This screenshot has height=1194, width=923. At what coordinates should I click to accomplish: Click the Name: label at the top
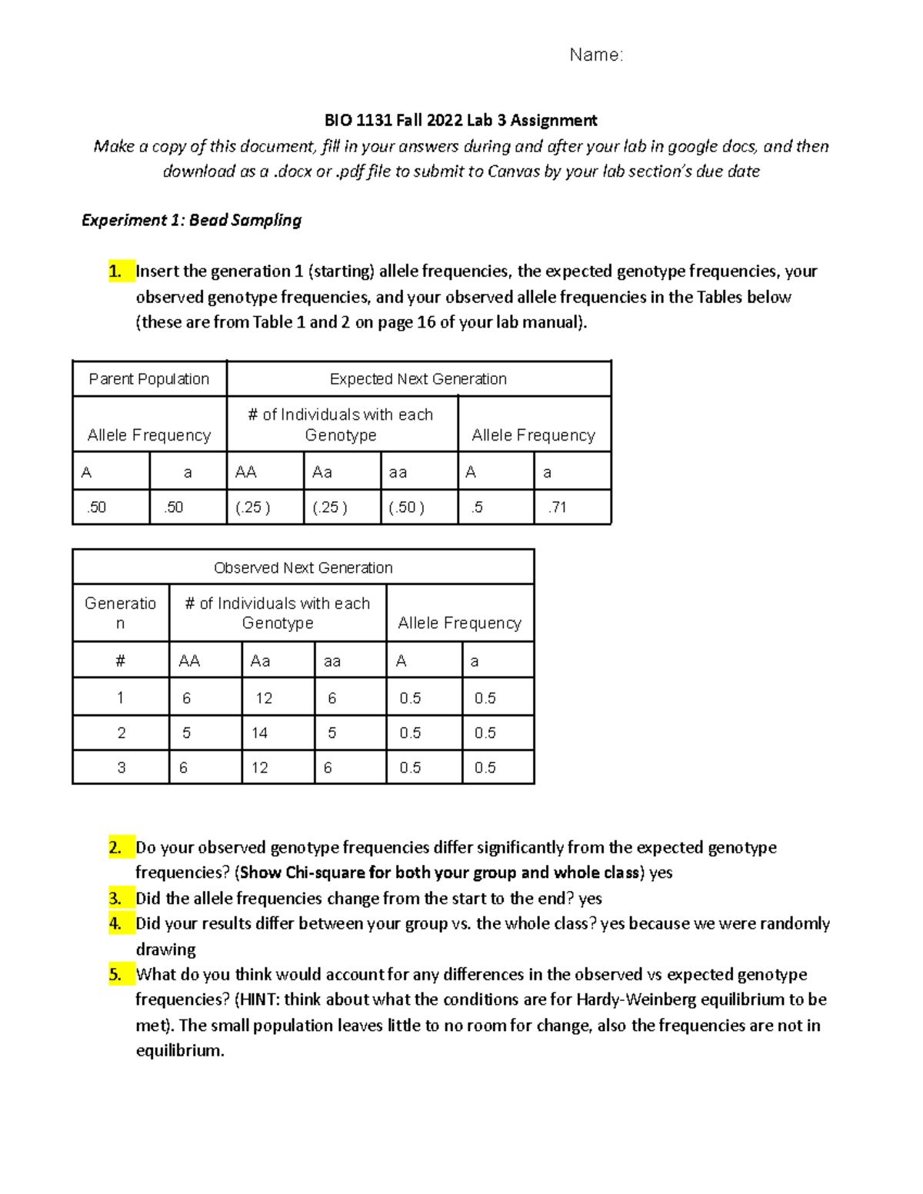pos(595,55)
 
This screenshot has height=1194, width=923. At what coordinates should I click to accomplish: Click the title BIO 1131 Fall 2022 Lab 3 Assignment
pos(461,120)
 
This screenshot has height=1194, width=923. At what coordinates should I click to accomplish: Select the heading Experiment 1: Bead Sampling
pos(192,220)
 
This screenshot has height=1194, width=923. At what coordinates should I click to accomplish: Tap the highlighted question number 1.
pos(115,271)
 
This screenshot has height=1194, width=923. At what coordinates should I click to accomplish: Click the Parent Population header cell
pos(149,379)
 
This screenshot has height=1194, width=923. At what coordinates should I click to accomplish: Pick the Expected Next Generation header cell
pos(418,379)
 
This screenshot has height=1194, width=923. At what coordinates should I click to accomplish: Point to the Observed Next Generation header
pos(303,568)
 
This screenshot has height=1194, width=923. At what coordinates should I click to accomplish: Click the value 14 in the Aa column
pos(260,733)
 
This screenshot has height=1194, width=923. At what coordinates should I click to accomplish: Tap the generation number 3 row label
pos(121,767)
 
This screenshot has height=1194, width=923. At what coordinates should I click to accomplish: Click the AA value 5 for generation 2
pos(186,733)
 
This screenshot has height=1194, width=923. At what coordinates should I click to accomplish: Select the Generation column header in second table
pos(121,613)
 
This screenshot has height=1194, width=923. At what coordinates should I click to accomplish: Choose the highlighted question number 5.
pos(115,975)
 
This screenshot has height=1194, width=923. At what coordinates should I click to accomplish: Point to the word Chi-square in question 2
pos(325,873)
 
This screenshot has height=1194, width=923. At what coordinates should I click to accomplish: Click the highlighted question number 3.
pos(115,899)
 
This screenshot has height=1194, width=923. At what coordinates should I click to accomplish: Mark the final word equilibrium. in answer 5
pos(180,1051)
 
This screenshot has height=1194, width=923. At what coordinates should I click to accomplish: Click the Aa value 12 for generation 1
pos(264,698)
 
